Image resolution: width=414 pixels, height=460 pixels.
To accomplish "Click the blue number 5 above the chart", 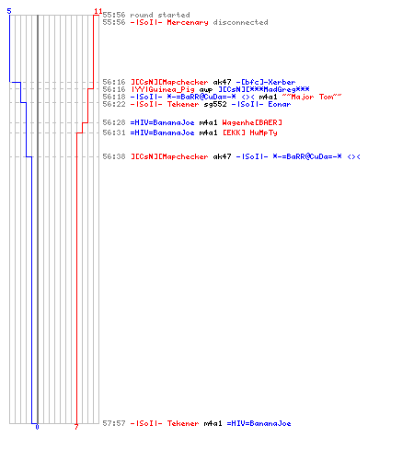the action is pyautogui.click(x=9, y=11).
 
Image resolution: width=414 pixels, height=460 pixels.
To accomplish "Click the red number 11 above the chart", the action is pyautogui.click(x=98, y=11).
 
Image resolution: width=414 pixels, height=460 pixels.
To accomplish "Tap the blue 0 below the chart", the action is pyautogui.click(x=37, y=427).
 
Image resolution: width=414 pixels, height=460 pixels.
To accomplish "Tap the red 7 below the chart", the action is pyautogui.click(x=76, y=427).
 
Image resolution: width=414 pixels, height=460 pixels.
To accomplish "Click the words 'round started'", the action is pyautogui.click(x=160, y=15).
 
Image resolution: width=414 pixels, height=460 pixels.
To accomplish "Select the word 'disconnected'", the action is pyautogui.click(x=240, y=22).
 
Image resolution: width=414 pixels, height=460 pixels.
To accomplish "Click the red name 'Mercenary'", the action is pyautogui.click(x=188, y=22).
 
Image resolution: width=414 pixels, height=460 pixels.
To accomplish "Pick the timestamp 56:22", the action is pyautogui.click(x=114, y=104).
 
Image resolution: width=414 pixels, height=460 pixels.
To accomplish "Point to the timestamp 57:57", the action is pyautogui.click(x=114, y=423).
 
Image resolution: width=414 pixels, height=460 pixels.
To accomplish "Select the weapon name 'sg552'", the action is pyautogui.click(x=215, y=104).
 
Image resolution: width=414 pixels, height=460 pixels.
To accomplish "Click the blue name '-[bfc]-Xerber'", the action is pyautogui.click(x=266, y=82).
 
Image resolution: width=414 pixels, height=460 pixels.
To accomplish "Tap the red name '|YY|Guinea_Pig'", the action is pyautogui.click(x=163, y=89).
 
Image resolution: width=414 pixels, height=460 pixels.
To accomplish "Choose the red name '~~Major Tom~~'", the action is pyautogui.click(x=312, y=97).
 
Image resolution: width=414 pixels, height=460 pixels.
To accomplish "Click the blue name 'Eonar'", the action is pyautogui.click(x=280, y=104).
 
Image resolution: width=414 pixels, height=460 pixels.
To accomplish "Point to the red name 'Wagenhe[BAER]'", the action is pyautogui.click(x=252, y=122).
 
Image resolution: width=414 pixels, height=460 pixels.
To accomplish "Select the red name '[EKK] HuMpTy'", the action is pyautogui.click(x=250, y=132).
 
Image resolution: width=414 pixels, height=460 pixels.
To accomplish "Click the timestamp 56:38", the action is pyautogui.click(x=114, y=156).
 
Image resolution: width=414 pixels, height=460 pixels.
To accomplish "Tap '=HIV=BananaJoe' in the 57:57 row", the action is pyautogui.click(x=259, y=423).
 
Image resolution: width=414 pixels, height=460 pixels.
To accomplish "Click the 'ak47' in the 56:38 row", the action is pyautogui.click(x=222, y=156).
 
